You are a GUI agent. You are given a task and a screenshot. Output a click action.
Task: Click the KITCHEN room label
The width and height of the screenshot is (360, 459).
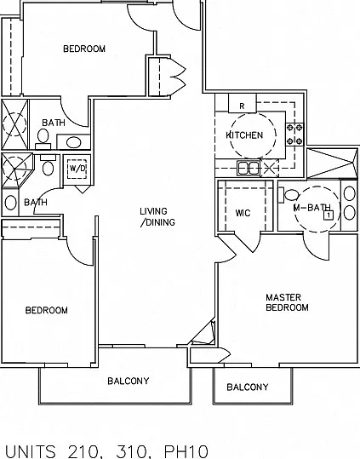click(x=244, y=135)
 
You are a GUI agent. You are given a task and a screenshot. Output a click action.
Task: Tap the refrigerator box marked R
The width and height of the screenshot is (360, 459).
click(x=243, y=103)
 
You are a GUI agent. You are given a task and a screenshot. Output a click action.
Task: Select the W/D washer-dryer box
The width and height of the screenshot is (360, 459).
click(x=77, y=169)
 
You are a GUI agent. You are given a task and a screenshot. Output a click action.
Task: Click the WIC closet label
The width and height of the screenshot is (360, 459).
click(x=243, y=213)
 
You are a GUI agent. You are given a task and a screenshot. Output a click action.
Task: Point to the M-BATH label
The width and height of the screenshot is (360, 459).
click(x=311, y=207)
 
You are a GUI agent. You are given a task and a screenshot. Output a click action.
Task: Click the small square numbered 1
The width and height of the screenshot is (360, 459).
click(x=329, y=215)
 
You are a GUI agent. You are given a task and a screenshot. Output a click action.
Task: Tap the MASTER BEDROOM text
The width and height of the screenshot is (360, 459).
click(x=287, y=302)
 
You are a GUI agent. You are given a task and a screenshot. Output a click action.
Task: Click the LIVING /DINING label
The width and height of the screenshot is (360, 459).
click(x=157, y=216)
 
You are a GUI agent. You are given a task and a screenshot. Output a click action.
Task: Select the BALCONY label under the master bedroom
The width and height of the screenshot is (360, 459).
click(x=248, y=387)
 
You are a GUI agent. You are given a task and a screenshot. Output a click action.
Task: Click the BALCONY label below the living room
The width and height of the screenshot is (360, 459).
click(x=129, y=381)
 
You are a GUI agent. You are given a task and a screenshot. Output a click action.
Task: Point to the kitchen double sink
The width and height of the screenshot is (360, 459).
click(x=249, y=169)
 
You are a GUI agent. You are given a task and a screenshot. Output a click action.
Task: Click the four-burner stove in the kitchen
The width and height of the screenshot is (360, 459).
click(x=294, y=135)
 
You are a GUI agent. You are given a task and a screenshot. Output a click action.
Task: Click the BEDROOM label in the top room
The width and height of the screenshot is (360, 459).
click(x=84, y=49)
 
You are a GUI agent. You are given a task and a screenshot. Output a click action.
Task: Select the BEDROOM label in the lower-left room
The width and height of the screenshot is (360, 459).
click(x=47, y=310)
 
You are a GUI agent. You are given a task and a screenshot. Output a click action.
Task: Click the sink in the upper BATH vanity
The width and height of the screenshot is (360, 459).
click(x=73, y=142)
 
